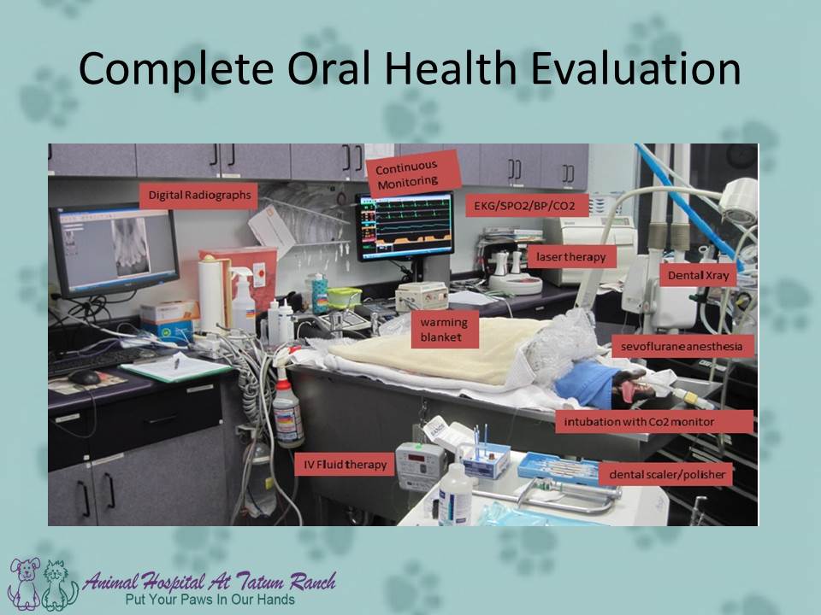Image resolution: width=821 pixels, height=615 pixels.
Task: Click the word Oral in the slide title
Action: point(329,68)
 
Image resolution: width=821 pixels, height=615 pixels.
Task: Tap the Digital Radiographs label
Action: point(199,196)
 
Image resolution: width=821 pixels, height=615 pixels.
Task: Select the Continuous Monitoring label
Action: point(412,173)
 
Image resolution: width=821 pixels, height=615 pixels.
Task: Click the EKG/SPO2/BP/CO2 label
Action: point(526,206)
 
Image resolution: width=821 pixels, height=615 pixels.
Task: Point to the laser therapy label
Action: point(571,257)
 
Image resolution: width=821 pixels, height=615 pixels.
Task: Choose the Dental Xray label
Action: point(698,275)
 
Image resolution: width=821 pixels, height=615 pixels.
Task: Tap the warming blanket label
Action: point(444,330)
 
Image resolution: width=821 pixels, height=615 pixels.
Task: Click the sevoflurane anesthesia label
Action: point(682,346)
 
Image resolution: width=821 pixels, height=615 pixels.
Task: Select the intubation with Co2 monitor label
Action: point(654,421)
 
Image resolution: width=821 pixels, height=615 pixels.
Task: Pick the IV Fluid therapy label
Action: point(344,465)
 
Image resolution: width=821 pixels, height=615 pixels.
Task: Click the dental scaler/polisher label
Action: point(665,475)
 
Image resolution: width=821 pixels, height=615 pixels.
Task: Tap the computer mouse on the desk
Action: point(84,378)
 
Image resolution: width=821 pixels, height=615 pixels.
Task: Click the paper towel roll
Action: point(211,295)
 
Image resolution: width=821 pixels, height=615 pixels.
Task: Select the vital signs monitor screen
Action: point(405,225)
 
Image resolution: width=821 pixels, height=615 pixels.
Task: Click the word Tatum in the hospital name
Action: point(259,581)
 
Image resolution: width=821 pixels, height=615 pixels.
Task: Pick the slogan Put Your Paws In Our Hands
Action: point(210,600)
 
